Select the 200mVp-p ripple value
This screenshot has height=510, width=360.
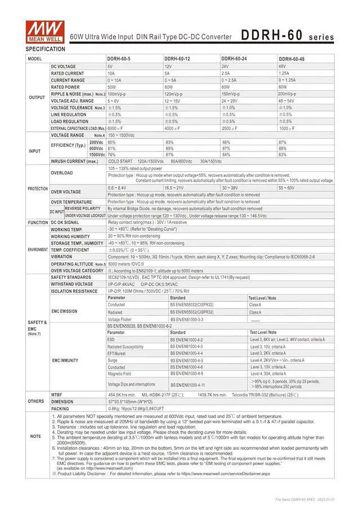[x=287, y=94]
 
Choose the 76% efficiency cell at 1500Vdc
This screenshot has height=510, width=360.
[x=111, y=155]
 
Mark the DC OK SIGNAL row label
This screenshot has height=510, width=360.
[x=65, y=222]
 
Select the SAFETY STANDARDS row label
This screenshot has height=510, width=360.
[x=71, y=277]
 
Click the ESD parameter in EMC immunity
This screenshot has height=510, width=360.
[x=111, y=340]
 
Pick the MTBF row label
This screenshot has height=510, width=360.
[x=56, y=395]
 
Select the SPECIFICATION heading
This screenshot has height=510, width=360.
[x=46, y=50]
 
